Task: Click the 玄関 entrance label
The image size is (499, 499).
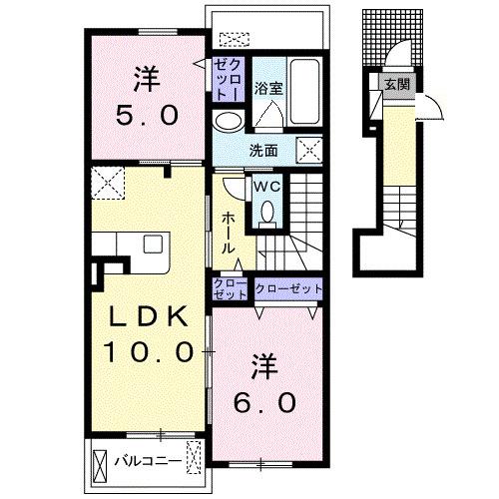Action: click(397, 85)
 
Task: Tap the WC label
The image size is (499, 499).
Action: click(267, 188)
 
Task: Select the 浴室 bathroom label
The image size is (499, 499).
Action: click(268, 89)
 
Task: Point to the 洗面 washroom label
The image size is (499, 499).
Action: click(263, 151)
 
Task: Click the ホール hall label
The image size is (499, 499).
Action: click(229, 233)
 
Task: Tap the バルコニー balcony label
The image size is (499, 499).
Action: click(149, 461)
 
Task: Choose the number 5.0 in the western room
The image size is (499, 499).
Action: click(147, 116)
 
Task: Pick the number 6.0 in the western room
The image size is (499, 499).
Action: click(264, 402)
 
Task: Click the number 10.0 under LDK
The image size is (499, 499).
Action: click(149, 352)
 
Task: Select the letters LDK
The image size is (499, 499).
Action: click(148, 318)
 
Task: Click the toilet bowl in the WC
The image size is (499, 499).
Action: click(267, 212)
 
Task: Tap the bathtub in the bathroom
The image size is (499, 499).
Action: click(304, 92)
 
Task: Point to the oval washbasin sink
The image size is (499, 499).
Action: click(228, 122)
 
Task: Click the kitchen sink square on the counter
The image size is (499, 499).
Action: click(153, 245)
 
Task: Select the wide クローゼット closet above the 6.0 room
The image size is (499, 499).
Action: click(288, 288)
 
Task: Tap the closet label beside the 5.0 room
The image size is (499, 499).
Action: click(229, 80)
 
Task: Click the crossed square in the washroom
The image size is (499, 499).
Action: click(309, 150)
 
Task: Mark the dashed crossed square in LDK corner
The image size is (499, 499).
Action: click(108, 183)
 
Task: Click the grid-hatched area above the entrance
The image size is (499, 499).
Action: click(392, 37)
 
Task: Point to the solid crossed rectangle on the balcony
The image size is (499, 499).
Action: click(100, 464)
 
